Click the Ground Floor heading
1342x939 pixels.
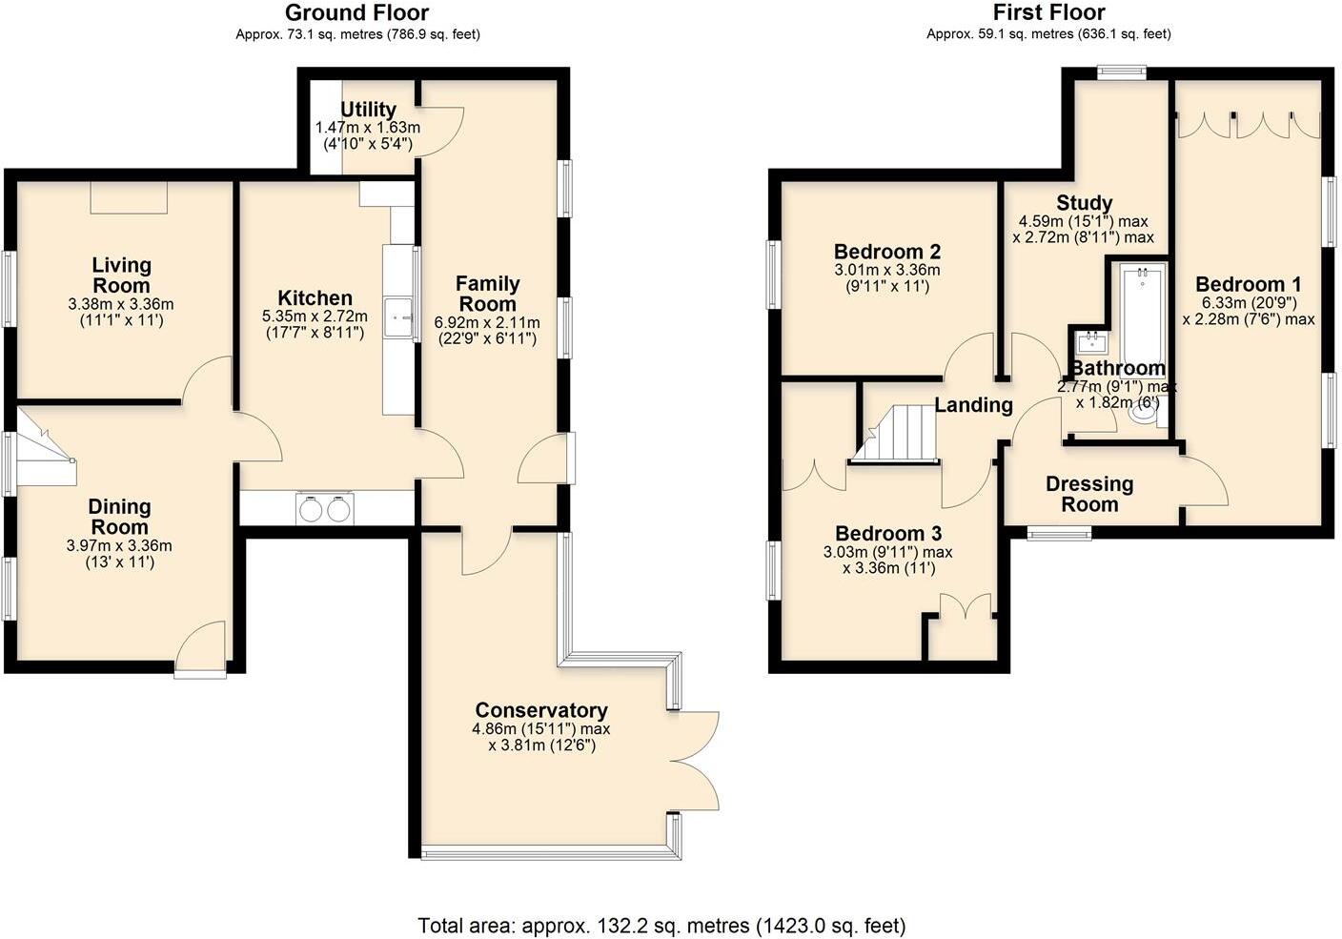tap(357, 13)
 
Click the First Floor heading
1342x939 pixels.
tap(1048, 13)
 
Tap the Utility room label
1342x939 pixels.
tap(368, 110)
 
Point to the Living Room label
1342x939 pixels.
tap(121, 276)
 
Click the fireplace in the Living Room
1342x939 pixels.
tap(129, 197)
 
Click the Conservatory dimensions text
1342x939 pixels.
tap(541, 737)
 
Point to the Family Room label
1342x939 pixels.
tap(487, 294)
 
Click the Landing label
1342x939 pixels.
tap(973, 405)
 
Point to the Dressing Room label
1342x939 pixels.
tap(1089, 494)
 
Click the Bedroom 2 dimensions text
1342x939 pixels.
tap(887, 277)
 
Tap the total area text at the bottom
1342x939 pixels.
tap(661, 925)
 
